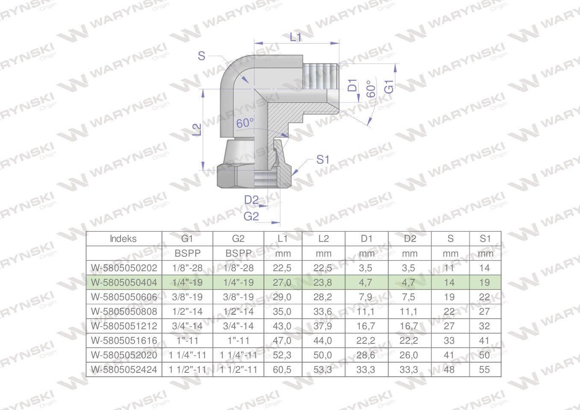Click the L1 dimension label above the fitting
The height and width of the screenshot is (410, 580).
coord(296,37)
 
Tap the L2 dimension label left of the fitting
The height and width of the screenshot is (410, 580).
coord(197,129)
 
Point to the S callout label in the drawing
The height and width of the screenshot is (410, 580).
coord(202,56)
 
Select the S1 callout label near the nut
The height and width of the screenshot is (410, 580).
coord(323,160)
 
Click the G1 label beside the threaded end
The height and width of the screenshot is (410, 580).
coord(389,86)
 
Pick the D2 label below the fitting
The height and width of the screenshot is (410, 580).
coord(252,199)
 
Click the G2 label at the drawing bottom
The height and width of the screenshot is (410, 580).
coord(251,216)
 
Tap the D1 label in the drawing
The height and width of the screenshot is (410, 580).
coord(352,85)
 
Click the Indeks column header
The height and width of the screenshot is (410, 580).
coord(123,239)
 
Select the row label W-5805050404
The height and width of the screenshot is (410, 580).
coord(124,283)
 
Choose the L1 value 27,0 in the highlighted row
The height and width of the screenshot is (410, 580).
coord(283,283)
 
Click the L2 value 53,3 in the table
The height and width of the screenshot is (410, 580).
coord(323,369)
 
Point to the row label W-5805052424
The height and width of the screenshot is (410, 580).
coord(124,369)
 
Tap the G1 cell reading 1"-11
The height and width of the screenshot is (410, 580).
coord(187,340)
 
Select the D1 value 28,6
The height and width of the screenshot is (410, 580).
coord(366,355)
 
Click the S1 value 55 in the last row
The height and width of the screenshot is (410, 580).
coord(484,369)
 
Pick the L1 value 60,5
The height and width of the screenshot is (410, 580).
coord(283,369)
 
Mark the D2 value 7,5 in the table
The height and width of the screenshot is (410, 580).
coord(409,297)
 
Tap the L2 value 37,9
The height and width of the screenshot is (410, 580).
coord(323,326)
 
